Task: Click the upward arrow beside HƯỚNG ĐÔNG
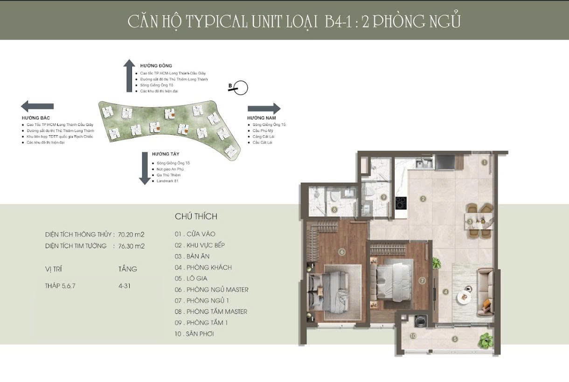129,76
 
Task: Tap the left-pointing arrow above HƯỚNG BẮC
37,106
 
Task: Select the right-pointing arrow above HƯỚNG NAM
264,109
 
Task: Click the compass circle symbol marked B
241,88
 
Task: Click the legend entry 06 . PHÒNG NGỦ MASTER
211,290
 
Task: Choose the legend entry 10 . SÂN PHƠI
194,334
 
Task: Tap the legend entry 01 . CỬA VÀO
195,234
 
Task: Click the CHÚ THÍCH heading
196,216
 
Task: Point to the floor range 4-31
125,286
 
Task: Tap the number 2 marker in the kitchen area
423,199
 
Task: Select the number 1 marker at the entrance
485,163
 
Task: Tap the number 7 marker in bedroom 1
422,281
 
